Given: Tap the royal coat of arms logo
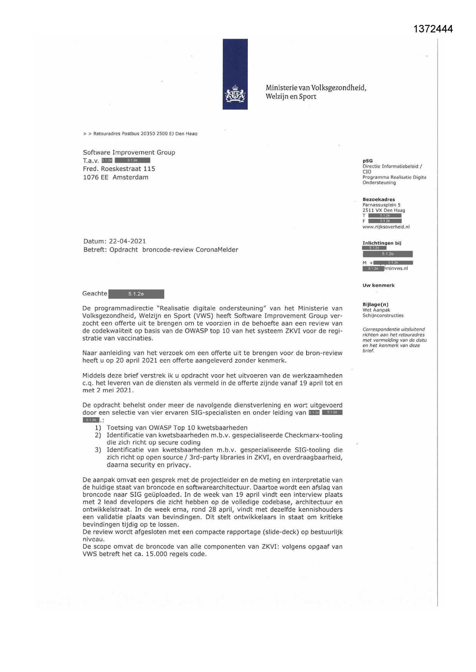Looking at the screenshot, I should (235, 95).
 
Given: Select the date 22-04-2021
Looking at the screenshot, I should (127, 241).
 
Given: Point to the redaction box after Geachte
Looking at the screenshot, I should (136, 294).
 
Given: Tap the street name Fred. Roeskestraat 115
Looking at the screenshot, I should (119, 169).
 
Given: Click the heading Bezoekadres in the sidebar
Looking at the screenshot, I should (379, 200).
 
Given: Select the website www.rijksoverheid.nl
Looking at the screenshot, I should (386, 227).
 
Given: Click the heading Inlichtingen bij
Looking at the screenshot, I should (382, 243).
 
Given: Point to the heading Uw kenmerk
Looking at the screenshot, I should (379, 285).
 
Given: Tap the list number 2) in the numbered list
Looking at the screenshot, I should (98, 435).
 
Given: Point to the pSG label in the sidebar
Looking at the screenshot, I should (367, 161).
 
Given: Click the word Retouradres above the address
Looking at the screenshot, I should (107, 134).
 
